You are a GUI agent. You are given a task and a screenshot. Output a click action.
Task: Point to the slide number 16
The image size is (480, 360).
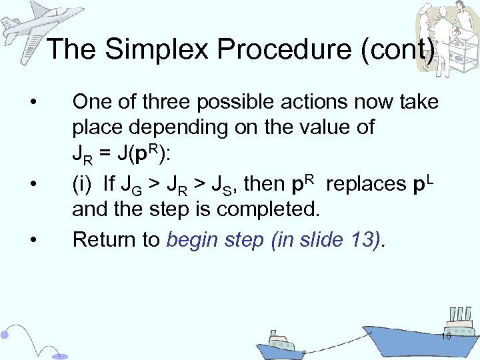pos(446,337)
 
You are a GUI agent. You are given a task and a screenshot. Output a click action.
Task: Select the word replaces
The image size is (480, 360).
pos(367,183)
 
